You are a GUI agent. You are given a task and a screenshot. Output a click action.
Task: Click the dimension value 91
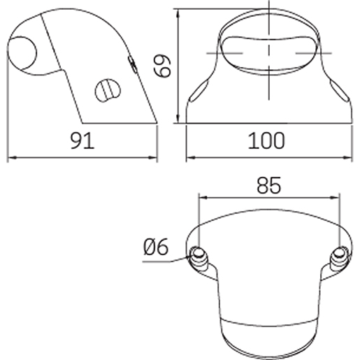[82, 141]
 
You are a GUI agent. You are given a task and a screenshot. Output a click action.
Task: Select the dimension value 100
[267, 141]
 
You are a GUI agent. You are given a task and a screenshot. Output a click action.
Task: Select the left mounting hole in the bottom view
[198, 253]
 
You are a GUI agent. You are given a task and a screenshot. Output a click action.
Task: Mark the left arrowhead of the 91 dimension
[10, 157]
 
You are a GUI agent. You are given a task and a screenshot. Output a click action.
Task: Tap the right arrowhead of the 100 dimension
[347, 157]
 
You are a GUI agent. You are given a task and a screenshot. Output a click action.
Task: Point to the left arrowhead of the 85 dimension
[203, 198]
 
